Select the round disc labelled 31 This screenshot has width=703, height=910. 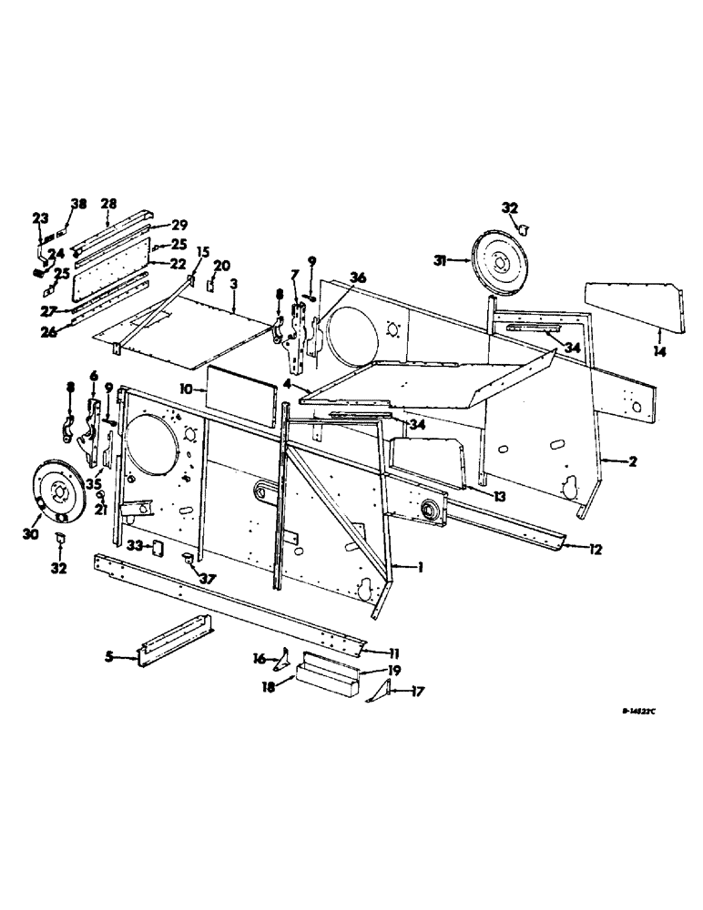(x=497, y=262)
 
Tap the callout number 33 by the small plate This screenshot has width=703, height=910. (x=133, y=545)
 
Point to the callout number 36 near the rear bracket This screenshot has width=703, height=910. (x=358, y=277)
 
